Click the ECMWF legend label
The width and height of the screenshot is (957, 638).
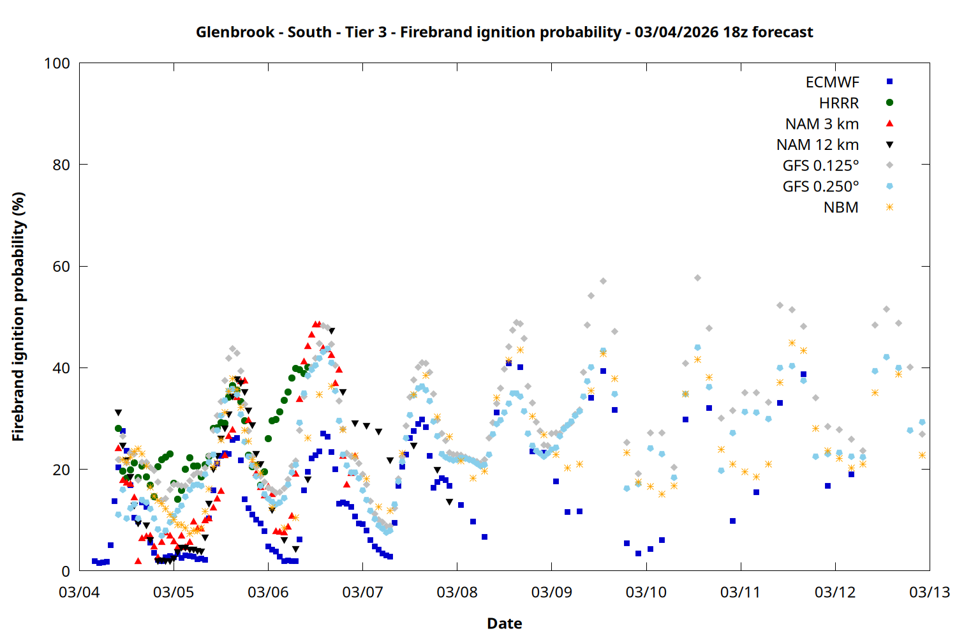coord(832,82)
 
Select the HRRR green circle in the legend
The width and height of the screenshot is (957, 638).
coord(889,103)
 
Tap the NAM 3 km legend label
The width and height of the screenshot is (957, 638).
coord(822,124)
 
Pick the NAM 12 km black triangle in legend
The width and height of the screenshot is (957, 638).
coord(889,145)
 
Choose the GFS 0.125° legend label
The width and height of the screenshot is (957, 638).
coord(820,166)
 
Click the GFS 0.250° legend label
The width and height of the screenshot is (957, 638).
coord(820,187)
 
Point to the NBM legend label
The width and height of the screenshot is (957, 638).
coord(841,208)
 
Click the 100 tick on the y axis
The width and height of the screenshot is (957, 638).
coord(57,63)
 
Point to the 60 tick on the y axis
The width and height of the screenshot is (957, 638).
coord(61,267)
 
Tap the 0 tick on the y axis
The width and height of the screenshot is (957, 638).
coord(66,572)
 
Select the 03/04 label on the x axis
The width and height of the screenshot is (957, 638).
coord(79,592)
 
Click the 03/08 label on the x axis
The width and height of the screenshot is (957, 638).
coord(457,592)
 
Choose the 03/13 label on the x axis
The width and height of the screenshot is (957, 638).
coord(930,592)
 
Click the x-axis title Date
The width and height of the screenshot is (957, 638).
coord(504,623)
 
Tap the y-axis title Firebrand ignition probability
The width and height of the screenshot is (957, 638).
coord(18,317)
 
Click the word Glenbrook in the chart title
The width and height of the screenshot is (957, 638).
coord(235,32)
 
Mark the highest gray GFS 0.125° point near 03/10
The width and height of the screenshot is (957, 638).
coord(697,278)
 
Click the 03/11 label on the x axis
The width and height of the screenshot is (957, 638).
coord(741,592)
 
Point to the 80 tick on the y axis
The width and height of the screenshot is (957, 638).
coord(61,165)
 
